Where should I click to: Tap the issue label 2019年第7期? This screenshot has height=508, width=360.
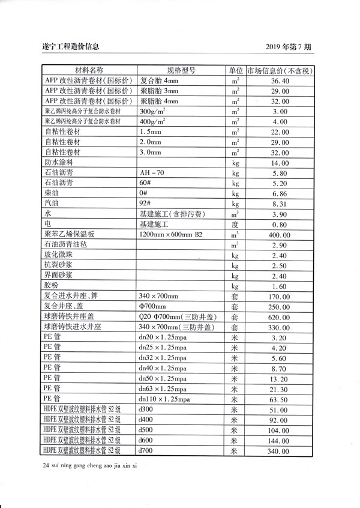(297, 46)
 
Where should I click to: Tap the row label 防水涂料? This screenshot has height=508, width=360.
(59, 162)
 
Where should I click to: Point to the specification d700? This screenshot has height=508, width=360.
(146, 450)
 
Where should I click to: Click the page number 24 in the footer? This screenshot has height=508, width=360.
(47, 466)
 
